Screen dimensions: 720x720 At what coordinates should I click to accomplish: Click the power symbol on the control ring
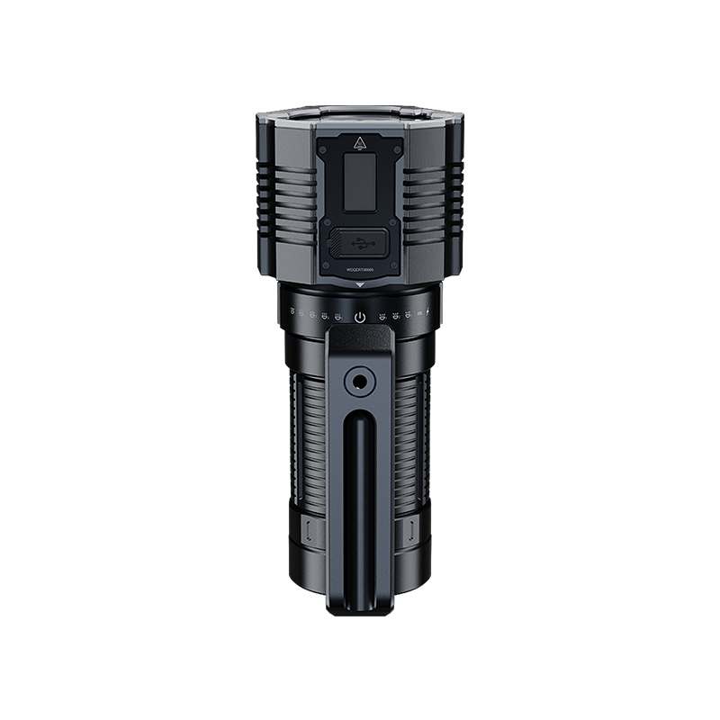click(x=360, y=317)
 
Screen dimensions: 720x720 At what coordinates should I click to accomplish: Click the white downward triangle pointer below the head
click(x=360, y=285)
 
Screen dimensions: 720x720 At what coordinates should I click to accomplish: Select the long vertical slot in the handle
click(x=360, y=504)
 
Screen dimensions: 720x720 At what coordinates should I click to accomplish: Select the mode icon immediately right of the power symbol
click(x=382, y=317)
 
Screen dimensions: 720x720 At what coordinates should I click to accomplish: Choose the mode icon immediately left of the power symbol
click(x=338, y=317)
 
